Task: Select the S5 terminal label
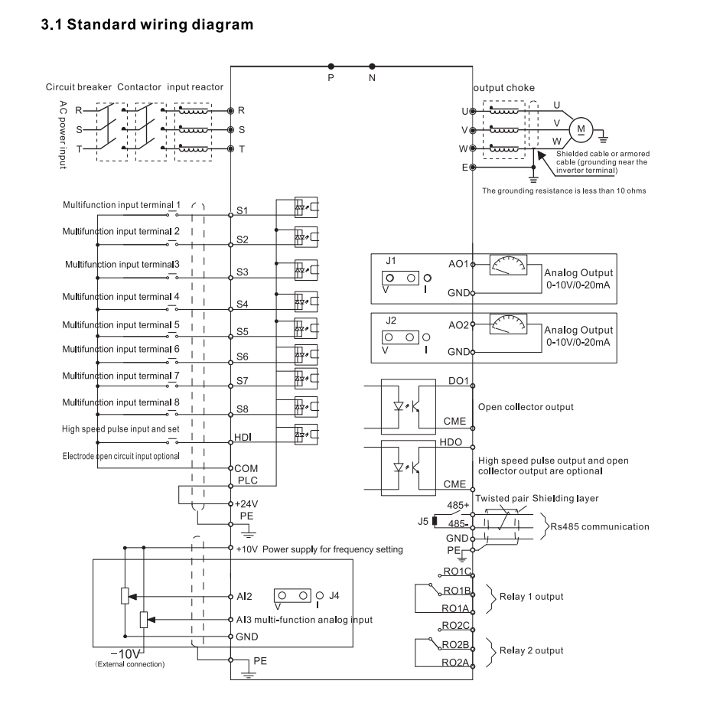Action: (243, 331)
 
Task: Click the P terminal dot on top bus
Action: (331, 67)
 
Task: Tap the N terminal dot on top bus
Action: (373, 67)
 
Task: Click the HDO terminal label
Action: (450, 443)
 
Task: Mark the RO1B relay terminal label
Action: (455, 590)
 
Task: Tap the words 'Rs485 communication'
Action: (601, 526)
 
